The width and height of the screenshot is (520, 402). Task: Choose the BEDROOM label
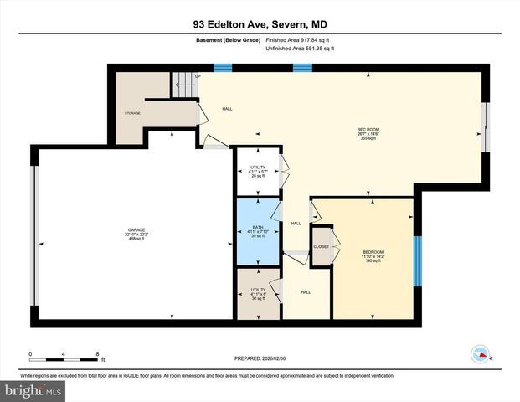373,252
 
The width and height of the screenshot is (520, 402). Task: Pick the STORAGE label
132,112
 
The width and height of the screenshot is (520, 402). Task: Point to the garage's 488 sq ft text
136,239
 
